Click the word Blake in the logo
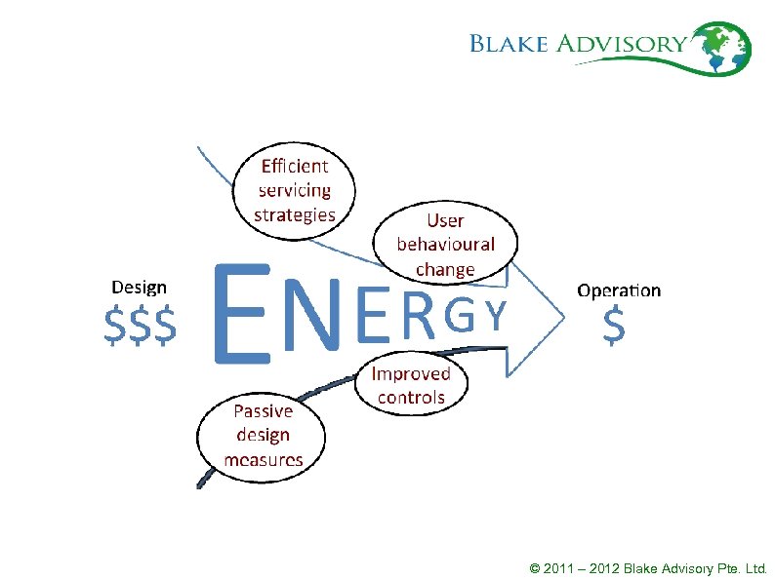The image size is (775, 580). [x=510, y=43]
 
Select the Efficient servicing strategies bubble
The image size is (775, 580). [x=294, y=189]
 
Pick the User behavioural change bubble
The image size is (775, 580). [x=445, y=244]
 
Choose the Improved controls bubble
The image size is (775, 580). [x=411, y=385]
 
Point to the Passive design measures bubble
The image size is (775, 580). [x=263, y=435]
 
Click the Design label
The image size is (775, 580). [x=139, y=288]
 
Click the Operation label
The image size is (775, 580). [x=619, y=290]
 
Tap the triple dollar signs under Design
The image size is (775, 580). [x=141, y=326]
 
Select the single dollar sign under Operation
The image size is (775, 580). [x=613, y=327]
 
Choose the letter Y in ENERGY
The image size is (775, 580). [x=496, y=317]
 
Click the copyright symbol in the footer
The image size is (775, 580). [x=533, y=567]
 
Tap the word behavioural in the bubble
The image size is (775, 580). [x=445, y=245]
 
